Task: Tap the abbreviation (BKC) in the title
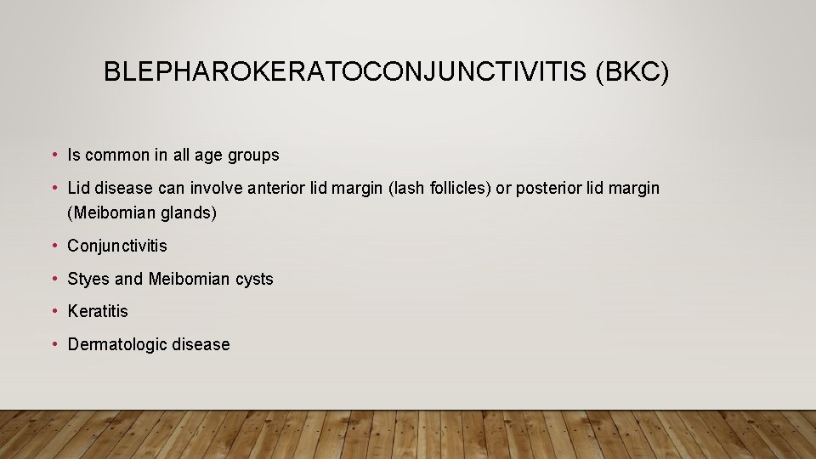[x=632, y=71]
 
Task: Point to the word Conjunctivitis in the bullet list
[x=117, y=246]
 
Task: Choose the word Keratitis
[x=98, y=311]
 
